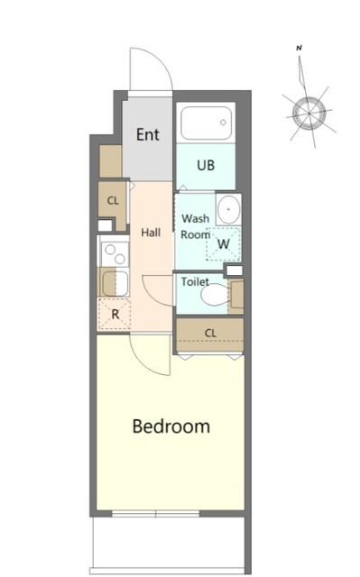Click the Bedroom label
pyautogui.click(x=171, y=426)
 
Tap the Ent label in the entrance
pyautogui.click(x=148, y=134)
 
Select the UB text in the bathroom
pyautogui.click(x=206, y=165)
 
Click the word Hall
pyautogui.click(x=151, y=233)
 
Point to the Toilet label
pyautogui.click(x=195, y=282)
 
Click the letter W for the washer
pyautogui.click(x=224, y=243)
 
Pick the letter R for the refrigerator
pyautogui.click(x=115, y=315)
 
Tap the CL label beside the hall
pyautogui.click(x=113, y=200)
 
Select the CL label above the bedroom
pyautogui.click(x=210, y=334)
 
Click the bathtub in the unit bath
pyautogui.click(x=206, y=124)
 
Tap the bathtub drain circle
pyautogui.click(x=223, y=123)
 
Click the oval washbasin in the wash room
pyautogui.click(x=228, y=209)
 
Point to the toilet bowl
pyautogui.click(x=214, y=295)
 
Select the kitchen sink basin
pyautogui.click(x=109, y=283)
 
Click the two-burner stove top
pyautogui.click(x=115, y=254)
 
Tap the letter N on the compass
pyautogui.click(x=300, y=48)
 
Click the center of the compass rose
pyautogui.click(x=309, y=113)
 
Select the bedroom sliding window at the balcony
pyautogui.click(x=156, y=514)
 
